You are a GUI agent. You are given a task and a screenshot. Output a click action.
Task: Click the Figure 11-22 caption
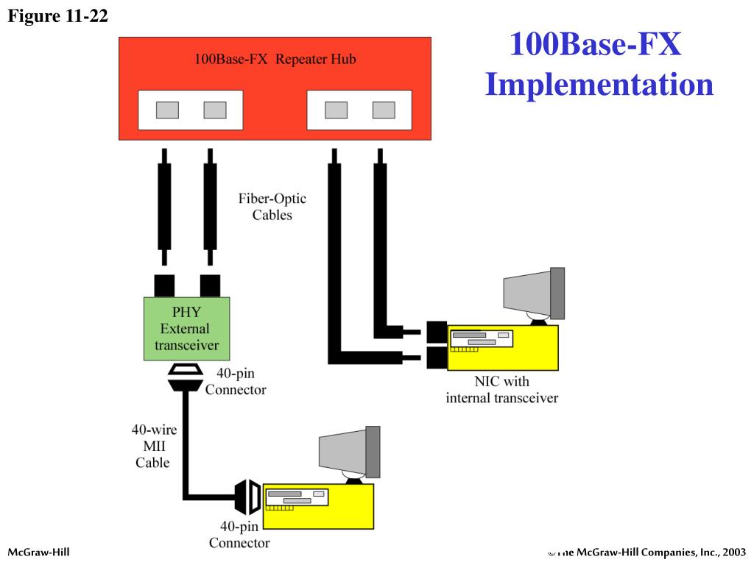(58, 16)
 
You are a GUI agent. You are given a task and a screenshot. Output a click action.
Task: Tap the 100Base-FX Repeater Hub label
(275, 60)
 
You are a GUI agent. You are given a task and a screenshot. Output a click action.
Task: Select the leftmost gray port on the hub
(167, 110)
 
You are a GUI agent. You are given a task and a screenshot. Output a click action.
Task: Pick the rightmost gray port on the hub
(384, 110)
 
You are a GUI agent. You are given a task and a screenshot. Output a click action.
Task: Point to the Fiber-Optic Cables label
(272, 207)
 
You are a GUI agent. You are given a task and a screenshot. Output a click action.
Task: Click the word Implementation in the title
(599, 84)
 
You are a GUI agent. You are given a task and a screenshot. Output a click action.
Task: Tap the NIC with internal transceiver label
(501, 390)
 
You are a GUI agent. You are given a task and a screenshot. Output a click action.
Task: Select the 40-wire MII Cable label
(153, 446)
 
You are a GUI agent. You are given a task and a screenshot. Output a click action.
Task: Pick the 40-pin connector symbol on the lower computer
(247, 497)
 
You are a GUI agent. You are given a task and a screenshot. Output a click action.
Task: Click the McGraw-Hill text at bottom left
(38, 552)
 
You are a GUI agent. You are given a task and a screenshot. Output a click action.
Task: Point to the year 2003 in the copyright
(734, 552)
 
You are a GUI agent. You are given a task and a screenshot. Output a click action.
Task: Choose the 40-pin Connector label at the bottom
(239, 535)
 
